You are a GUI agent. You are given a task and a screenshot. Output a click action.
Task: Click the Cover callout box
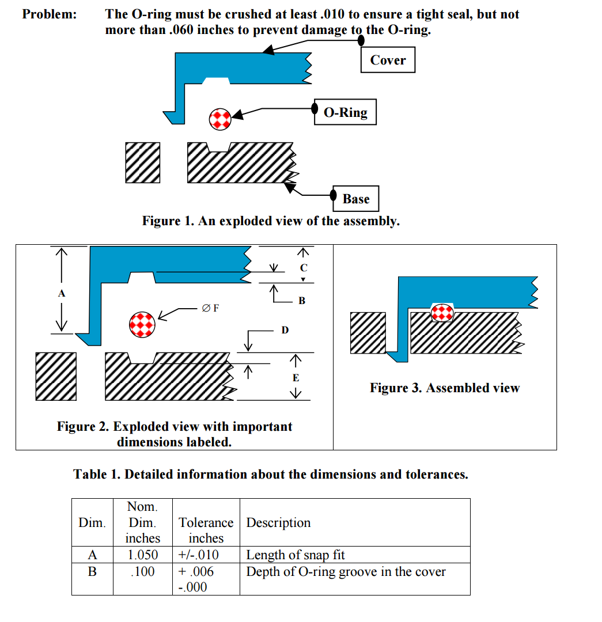click(x=388, y=60)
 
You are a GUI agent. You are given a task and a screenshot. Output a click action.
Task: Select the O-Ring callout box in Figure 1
click(x=345, y=112)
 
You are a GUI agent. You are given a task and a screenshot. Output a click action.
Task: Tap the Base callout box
click(x=355, y=199)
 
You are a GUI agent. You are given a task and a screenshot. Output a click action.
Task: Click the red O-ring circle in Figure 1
click(x=219, y=119)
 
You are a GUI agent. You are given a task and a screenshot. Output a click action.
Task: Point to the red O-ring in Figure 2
click(x=142, y=324)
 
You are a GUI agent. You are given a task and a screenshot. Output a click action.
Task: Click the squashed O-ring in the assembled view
click(x=442, y=312)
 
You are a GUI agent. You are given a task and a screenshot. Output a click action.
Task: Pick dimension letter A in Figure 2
click(x=62, y=293)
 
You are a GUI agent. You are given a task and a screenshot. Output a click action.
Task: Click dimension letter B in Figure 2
click(x=302, y=301)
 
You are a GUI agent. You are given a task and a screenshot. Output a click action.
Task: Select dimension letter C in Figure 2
click(x=304, y=268)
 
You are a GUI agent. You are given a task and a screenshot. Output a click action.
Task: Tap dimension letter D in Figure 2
click(x=285, y=330)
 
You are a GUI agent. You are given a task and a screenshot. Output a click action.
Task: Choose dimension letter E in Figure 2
click(x=296, y=378)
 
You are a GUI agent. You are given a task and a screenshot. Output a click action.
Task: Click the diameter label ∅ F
click(x=210, y=308)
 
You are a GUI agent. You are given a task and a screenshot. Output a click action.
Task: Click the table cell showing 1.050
click(x=143, y=555)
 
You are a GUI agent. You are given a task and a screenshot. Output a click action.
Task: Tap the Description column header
click(x=278, y=522)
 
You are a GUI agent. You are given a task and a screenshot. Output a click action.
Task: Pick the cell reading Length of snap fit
click(x=296, y=555)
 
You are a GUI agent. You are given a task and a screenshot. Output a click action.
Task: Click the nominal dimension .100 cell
click(x=143, y=572)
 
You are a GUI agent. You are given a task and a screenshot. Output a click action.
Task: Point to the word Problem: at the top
click(x=49, y=14)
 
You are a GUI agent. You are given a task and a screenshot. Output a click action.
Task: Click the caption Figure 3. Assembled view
click(x=444, y=388)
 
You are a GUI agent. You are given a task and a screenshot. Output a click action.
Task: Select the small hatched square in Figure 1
click(x=143, y=162)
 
